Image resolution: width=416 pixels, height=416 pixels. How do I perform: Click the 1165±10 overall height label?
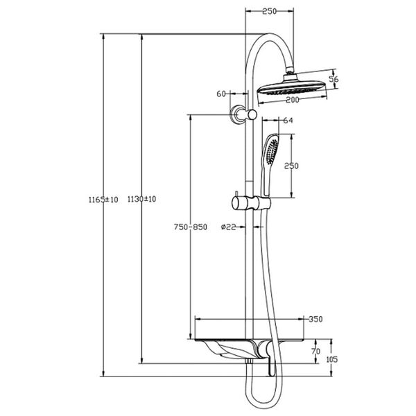(103, 199)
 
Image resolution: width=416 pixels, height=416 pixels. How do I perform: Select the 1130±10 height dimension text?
(142, 199)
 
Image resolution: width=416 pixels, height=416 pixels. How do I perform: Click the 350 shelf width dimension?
(315, 319)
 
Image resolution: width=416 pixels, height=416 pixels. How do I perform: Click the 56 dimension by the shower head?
(333, 79)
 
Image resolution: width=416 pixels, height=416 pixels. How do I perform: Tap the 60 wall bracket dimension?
(222, 94)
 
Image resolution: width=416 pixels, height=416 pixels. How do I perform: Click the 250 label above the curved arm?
(270, 11)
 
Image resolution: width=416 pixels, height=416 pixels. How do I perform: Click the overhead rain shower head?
(291, 87)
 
